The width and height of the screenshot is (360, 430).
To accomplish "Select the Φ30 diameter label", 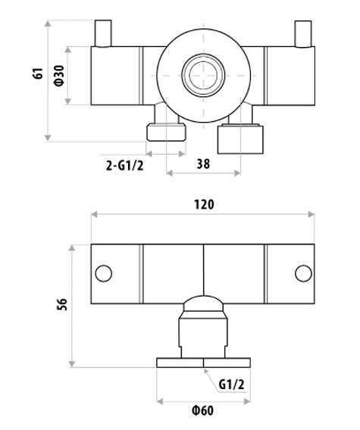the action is [x=59, y=76].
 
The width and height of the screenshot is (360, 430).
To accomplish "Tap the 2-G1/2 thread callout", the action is [x=125, y=166].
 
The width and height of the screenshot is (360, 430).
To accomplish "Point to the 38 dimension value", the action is [x=203, y=164].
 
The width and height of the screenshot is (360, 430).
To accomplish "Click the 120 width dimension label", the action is [x=204, y=204].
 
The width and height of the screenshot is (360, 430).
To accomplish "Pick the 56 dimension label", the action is [x=62, y=304].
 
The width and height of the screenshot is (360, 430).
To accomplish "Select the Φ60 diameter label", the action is [x=202, y=411].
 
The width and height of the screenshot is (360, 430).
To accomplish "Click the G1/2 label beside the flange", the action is [x=231, y=385].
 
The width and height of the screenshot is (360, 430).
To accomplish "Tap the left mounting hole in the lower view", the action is [x=104, y=273].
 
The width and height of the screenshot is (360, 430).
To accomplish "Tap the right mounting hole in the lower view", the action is [x=303, y=273].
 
